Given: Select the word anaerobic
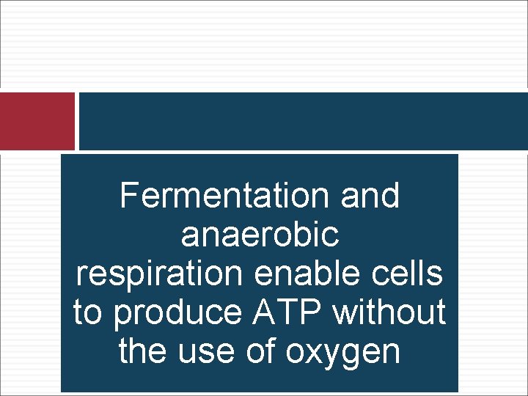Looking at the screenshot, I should click(260, 235).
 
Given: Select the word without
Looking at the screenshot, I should click(389, 312).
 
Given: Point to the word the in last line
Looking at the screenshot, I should click(141, 351).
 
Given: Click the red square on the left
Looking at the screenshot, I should click(37, 121).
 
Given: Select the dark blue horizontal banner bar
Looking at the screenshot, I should click(303, 121).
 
